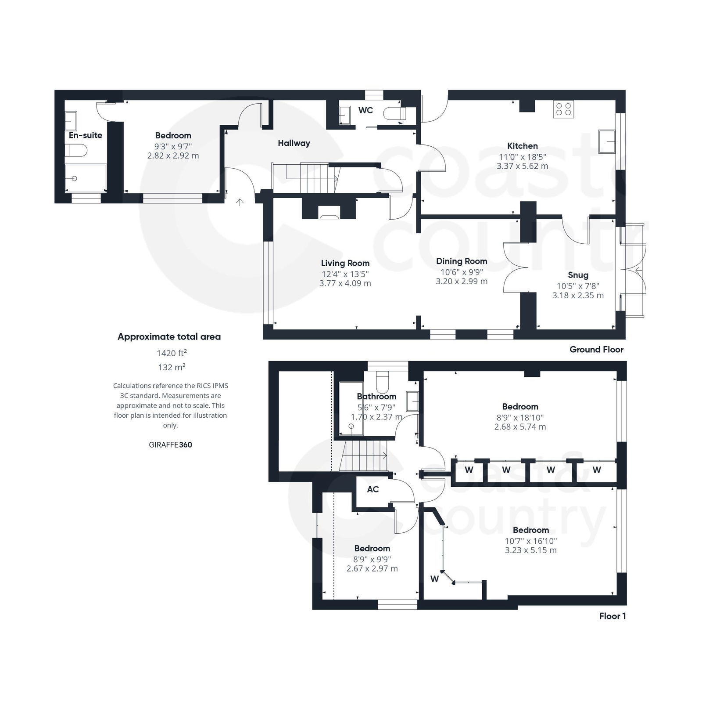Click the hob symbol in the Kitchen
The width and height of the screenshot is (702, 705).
[564, 109]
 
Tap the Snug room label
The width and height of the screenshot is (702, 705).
[578, 275]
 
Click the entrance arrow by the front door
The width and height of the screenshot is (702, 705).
[240, 202]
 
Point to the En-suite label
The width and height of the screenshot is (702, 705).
[86, 135]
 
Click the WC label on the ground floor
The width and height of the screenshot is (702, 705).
[365, 110]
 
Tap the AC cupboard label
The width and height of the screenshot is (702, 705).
[372, 489]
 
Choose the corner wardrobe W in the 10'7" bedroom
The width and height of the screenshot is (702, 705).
[434, 579]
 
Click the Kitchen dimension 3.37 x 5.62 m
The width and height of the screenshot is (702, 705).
[522, 166]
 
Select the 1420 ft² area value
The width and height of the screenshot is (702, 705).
[172, 353]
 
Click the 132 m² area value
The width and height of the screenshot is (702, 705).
[171, 367]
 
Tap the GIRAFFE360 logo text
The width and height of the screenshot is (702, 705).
[170, 445]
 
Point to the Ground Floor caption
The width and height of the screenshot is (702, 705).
[596, 350]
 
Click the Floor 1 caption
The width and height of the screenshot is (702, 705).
[612, 616]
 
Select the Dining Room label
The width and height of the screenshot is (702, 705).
[462, 261]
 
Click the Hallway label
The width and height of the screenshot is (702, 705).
[294, 143]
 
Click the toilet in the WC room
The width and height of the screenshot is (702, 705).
[394, 114]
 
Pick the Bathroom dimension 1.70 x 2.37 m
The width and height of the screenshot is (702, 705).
[376, 417]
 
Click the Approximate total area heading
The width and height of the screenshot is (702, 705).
[169, 337]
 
